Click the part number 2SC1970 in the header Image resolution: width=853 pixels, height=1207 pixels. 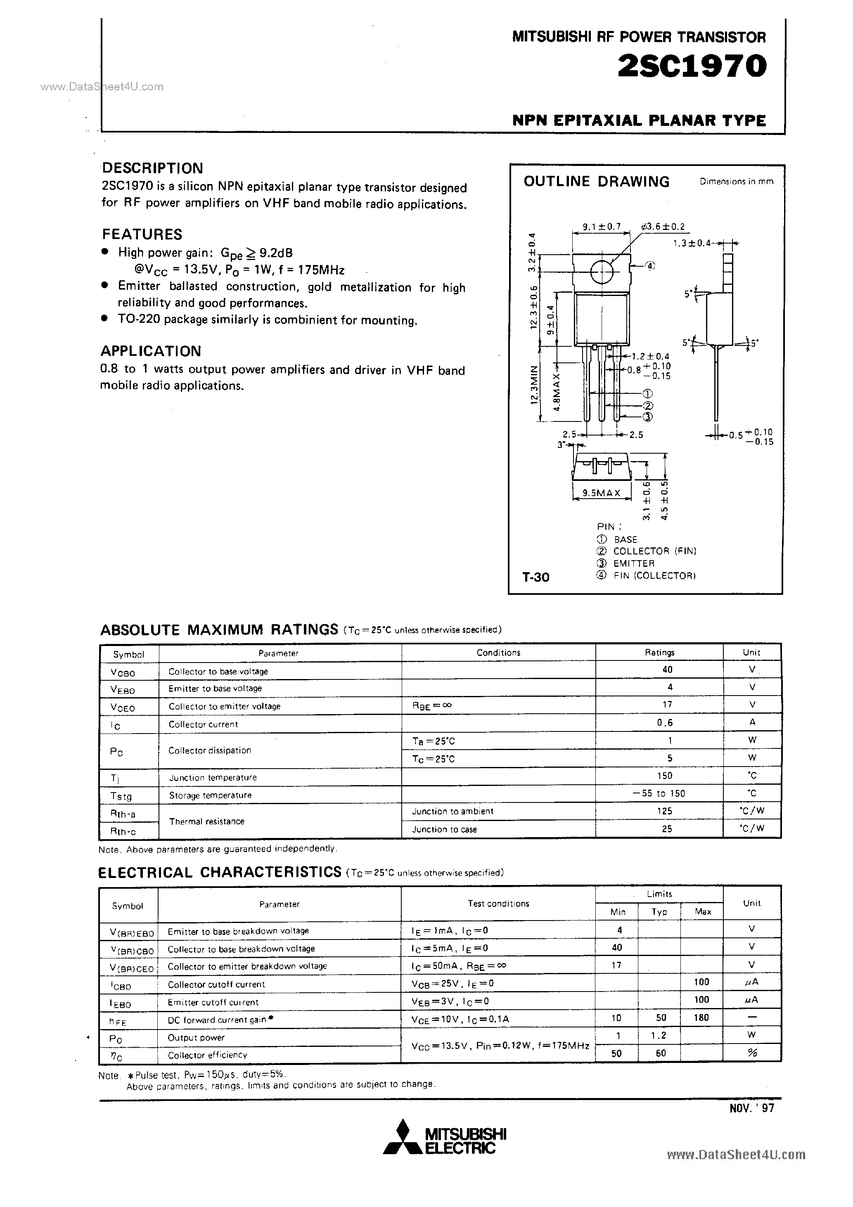coord(692,67)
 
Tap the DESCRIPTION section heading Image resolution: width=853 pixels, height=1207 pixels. coord(152,168)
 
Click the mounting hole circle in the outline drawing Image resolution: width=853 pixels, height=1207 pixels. coord(602,272)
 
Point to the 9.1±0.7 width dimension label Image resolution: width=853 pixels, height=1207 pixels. coord(602,227)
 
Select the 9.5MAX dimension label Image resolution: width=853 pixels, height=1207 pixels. coord(602,493)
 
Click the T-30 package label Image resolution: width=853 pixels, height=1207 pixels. coord(536,577)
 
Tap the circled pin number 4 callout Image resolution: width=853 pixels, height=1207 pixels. coord(650,266)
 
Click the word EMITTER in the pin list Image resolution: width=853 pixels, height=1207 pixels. coord(634,563)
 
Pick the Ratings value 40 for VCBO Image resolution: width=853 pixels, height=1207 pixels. coord(667,670)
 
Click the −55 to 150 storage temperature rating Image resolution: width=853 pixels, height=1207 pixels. coord(663,793)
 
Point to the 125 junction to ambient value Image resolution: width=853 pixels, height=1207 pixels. coord(664,811)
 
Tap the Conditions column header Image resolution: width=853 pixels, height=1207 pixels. coord(498,652)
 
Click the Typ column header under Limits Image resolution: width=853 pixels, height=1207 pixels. coord(659,911)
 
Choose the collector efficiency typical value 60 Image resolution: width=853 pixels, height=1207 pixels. coord(661,1053)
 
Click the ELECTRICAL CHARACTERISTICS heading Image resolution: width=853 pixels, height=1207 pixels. coord(220,873)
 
